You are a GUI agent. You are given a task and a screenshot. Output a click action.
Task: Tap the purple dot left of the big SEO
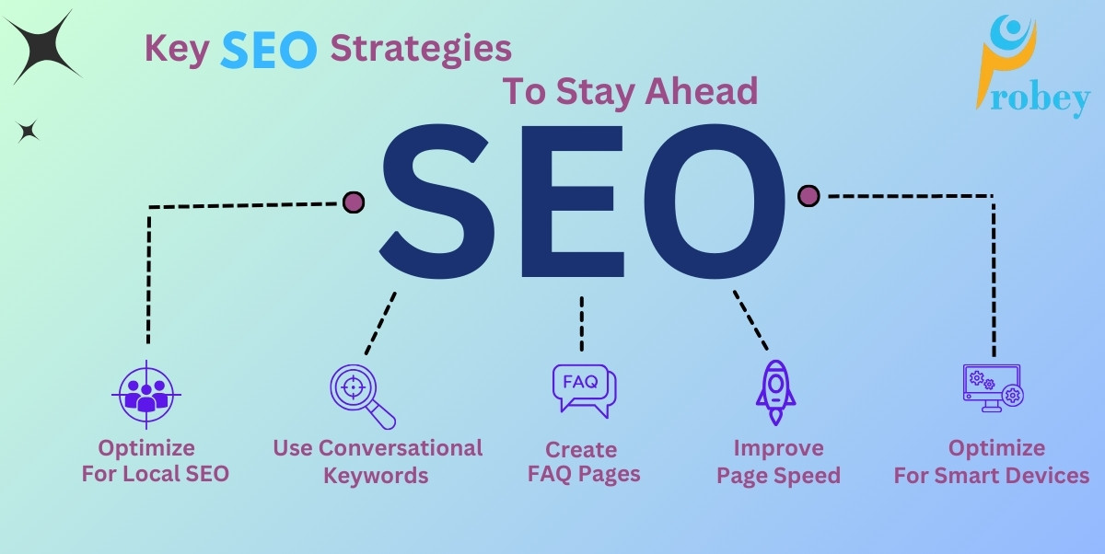[353, 202]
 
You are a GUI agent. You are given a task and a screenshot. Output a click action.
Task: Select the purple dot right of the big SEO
[808, 195]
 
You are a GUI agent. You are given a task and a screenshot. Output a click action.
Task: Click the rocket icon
[774, 392]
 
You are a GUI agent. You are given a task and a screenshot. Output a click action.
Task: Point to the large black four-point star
[42, 47]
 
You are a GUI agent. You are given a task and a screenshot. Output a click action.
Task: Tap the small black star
[29, 132]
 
